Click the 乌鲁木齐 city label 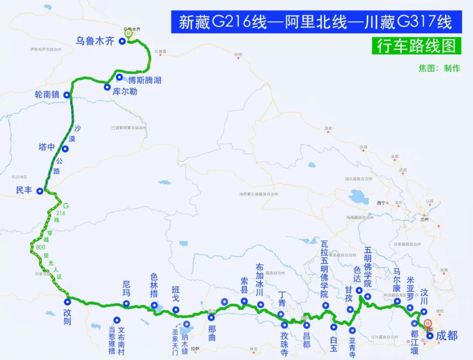[95, 41]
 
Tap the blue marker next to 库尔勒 [107, 87]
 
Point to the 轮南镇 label [48, 95]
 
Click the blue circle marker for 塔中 [65, 149]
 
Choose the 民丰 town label [24, 191]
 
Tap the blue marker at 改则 [68, 301]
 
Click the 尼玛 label [126, 289]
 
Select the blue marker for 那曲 [211, 318]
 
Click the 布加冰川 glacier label [260, 280]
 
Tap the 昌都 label [307, 339]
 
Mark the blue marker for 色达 [359, 290]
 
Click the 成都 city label [446, 335]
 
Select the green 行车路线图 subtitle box [416, 46]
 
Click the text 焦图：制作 [439, 68]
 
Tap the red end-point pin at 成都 [428, 325]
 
